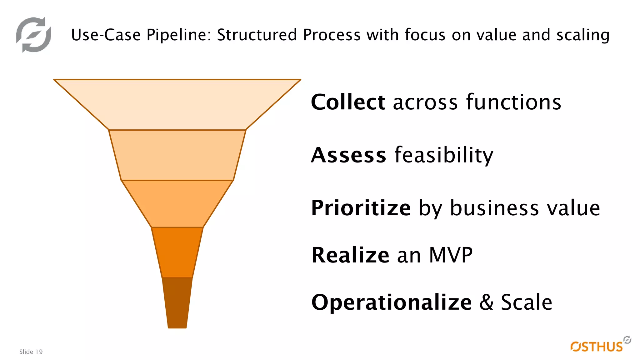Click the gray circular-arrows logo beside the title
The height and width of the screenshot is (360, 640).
click(x=33, y=34)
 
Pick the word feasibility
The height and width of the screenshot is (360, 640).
click(x=444, y=155)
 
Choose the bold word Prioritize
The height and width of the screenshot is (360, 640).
click(x=361, y=208)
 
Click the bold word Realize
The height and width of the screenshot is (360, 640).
click(x=350, y=255)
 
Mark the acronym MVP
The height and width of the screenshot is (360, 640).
click(x=451, y=255)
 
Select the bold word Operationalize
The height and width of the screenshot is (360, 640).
click(x=392, y=302)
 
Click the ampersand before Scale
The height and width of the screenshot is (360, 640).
click(x=486, y=302)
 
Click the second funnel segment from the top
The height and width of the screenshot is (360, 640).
click(x=177, y=155)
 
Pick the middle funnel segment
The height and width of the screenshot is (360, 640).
click(x=177, y=203)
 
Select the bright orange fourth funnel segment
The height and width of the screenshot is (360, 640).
click(x=177, y=252)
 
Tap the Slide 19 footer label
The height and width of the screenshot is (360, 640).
click(x=31, y=352)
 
